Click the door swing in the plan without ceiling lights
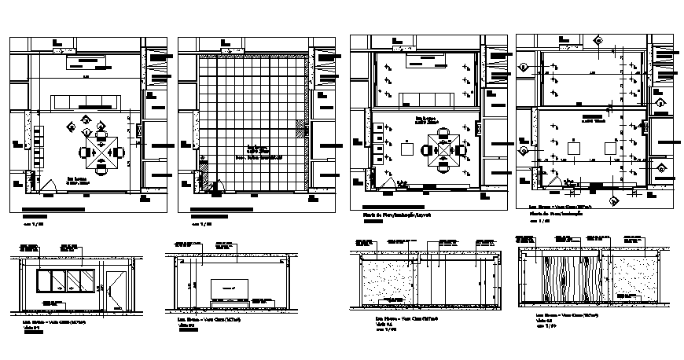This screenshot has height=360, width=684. (x=46, y=185)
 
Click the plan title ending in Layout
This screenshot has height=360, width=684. (x=391, y=214)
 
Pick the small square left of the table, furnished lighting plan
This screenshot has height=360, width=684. (x=408, y=148)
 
